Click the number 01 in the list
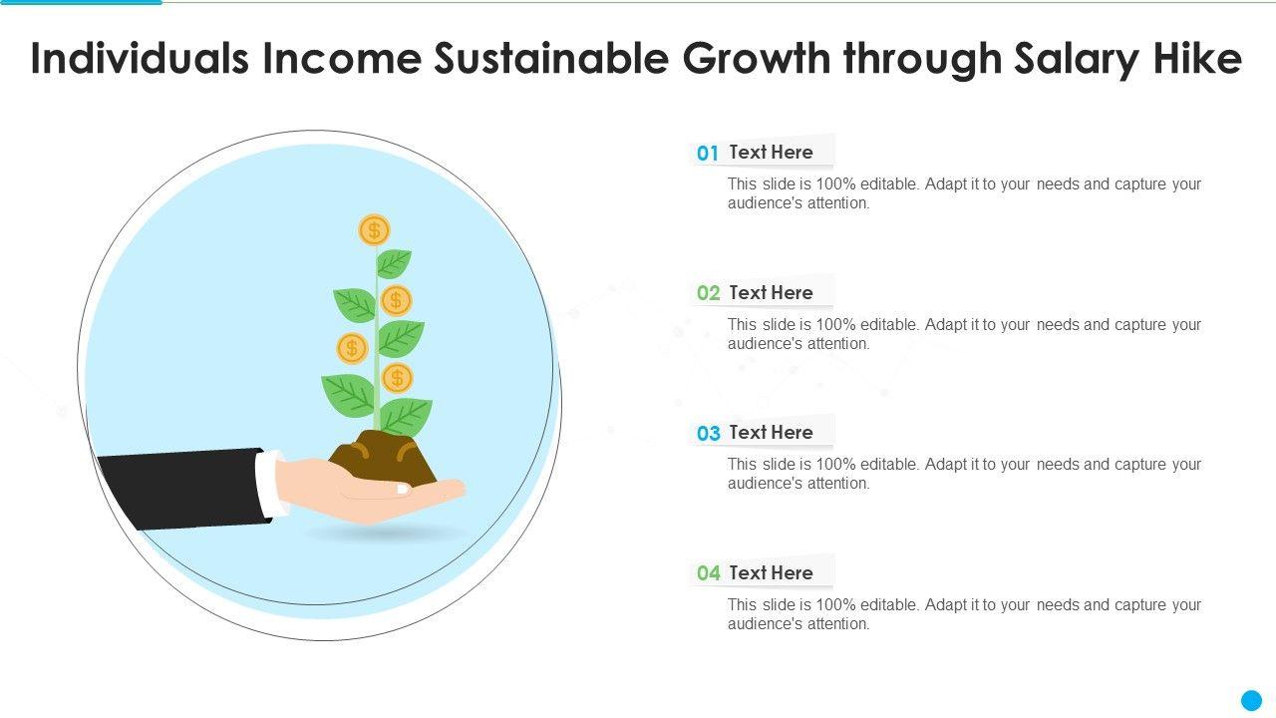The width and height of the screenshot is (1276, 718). (x=708, y=153)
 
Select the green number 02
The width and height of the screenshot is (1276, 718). (x=708, y=293)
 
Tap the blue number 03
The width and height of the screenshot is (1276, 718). (x=708, y=433)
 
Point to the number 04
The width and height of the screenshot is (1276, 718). (x=708, y=572)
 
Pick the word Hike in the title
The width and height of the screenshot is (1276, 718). (x=1198, y=58)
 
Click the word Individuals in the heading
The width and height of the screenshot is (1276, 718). (x=141, y=58)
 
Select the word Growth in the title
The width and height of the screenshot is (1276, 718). (x=757, y=59)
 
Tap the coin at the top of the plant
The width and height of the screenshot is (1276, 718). (x=374, y=230)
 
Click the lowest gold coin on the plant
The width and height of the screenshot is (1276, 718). (x=397, y=378)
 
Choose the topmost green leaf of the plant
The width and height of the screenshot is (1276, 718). (x=393, y=263)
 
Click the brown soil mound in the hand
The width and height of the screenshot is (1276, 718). (x=383, y=458)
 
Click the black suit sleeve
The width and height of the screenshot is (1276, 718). (x=182, y=489)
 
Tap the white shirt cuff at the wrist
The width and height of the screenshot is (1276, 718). (x=270, y=485)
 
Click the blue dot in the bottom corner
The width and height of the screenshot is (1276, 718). (x=1251, y=700)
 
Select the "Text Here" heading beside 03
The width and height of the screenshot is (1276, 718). (x=771, y=433)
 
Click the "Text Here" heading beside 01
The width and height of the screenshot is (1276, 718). (x=771, y=153)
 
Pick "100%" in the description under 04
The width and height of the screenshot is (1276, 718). (x=835, y=604)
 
